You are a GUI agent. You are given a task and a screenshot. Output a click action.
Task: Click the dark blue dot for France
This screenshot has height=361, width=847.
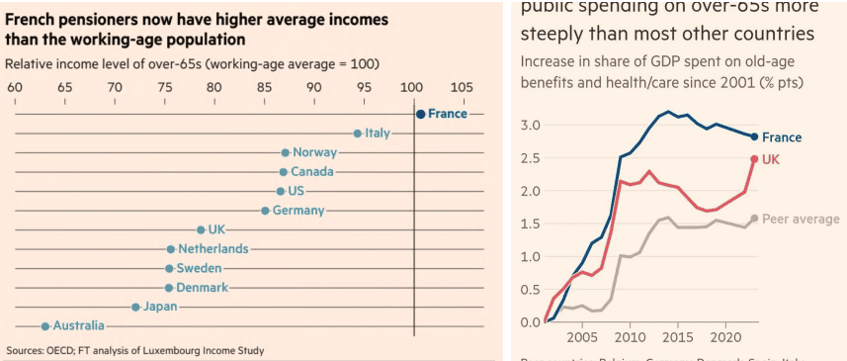pyautogui.click(x=420, y=114)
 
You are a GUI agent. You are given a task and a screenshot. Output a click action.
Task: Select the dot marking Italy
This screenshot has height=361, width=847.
pyautogui.click(x=358, y=134)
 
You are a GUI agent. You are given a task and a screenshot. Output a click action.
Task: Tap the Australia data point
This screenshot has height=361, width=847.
pyautogui.click(x=44, y=325)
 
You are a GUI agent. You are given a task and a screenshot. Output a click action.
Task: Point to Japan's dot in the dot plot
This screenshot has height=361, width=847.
pyautogui.click(x=135, y=307)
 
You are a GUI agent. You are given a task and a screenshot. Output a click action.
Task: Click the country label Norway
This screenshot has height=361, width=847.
pyautogui.click(x=314, y=152)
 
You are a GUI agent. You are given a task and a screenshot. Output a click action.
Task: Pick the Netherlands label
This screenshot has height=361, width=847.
pyautogui.click(x=212, y=249)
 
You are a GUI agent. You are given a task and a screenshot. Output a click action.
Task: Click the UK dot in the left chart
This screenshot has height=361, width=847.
pyautogui.click(x=201, y=229)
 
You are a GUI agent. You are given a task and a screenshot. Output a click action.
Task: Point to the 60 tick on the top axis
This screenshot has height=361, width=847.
pyautogui.click(x=15, y=88)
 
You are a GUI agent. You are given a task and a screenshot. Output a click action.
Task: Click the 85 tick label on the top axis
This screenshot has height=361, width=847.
pyautogui.click(x=264, y=88)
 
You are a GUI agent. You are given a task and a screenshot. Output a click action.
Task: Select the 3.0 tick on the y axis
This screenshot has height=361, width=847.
pyautogui.click(x=529, y=125)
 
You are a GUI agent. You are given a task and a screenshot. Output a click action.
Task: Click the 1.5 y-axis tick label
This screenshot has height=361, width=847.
pyautogui.click(x=529, y=224)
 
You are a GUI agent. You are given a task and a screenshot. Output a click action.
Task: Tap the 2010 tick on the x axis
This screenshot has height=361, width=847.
pyautogui.click(x=630, y=336)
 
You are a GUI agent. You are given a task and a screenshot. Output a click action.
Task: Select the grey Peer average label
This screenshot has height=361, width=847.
pyautogui.click(x=802, y=219)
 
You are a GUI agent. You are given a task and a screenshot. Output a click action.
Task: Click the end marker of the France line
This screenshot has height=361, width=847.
pyautogui.click(x=754, y=136)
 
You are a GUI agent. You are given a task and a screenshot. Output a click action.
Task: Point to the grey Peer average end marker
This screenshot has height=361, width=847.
pyautogui.click(x=754, y=219)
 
